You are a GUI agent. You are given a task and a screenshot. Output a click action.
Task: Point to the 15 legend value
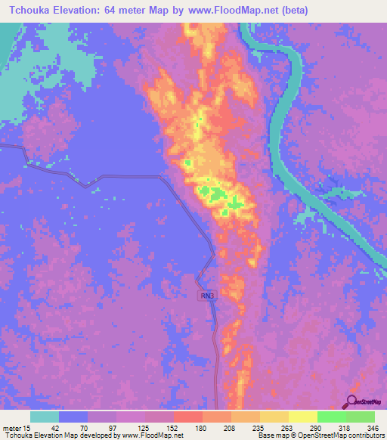click(27, 428)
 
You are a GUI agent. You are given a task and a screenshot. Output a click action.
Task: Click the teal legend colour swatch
click(45, 417)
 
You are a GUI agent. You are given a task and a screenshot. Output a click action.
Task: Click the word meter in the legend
click(11, 428)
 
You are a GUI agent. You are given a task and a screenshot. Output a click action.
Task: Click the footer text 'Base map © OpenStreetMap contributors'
click(319, 435)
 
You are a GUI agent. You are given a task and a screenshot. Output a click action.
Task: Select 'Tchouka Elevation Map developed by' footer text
click(53, 435)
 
